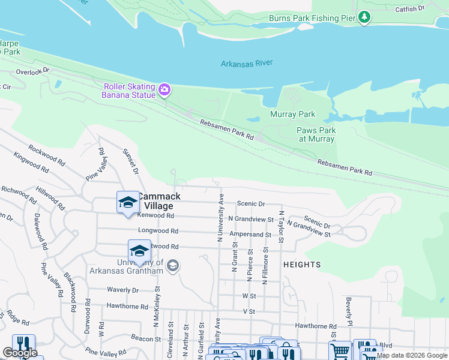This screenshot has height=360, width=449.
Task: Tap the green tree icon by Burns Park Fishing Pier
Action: coord(364,17)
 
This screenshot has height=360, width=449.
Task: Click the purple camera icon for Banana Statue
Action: coord(164,91)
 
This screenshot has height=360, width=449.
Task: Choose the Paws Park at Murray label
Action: coord(316,134)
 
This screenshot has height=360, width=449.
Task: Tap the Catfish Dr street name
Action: coord(410,9)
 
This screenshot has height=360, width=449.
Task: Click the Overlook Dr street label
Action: coord(32,71)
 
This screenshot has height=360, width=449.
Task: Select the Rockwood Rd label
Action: coord(46,154)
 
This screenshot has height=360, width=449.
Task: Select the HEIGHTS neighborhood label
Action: coord(303,265)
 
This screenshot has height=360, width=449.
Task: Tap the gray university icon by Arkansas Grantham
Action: coord(172,266)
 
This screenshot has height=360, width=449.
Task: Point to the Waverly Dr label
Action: coord(123,290)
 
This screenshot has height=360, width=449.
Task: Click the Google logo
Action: coord(20,353)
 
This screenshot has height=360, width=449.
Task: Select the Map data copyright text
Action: coord(412,355)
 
